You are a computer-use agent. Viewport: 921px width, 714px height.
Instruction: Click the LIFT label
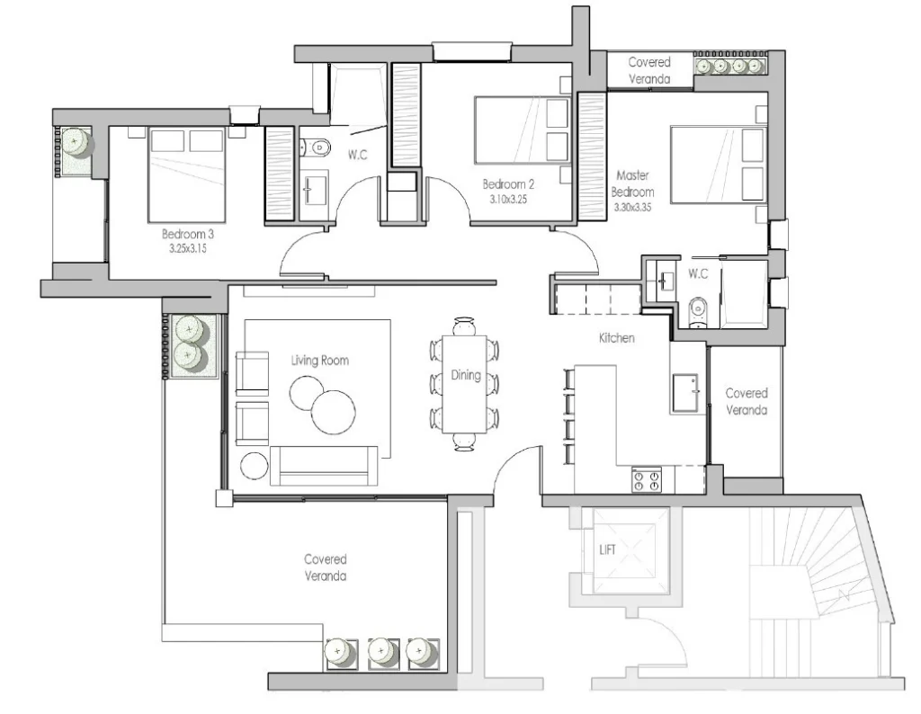tap(607, 549)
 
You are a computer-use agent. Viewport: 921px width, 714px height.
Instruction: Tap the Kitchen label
tap(617, 337)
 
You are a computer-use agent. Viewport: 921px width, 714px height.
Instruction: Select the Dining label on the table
tap(466, 375)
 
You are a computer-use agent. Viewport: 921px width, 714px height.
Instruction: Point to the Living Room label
tap(320, 360)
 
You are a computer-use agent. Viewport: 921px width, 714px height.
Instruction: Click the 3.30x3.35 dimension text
tap(632, 207)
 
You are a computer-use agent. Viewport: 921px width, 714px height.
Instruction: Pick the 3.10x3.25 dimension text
tap(509, 199)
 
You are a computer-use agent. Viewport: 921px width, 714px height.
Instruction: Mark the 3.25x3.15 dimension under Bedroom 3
tap(188, 248)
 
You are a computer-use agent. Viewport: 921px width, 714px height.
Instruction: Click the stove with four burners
tap(646, 479)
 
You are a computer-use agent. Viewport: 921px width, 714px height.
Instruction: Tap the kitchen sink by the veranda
tap(685, 393)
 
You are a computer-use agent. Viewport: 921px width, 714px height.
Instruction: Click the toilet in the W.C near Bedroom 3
tap(315, 147)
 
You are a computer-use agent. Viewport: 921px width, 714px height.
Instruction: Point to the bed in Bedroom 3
tap(187, 174)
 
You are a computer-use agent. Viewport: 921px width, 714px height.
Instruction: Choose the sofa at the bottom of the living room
tap(324, 466)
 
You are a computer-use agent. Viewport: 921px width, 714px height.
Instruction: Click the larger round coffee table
tap(333, 412)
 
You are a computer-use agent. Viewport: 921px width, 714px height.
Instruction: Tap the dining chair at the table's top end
tap(464, 326)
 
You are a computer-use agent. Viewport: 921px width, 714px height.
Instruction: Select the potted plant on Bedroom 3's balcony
tap(76, 142)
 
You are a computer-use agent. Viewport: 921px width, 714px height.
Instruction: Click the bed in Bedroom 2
tap(522, 129)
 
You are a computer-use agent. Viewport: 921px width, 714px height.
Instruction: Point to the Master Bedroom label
tap(632, 183)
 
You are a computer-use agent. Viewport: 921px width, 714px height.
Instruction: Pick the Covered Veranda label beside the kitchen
tap(747, 402)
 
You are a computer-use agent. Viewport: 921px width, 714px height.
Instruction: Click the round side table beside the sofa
tap(255, 466)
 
